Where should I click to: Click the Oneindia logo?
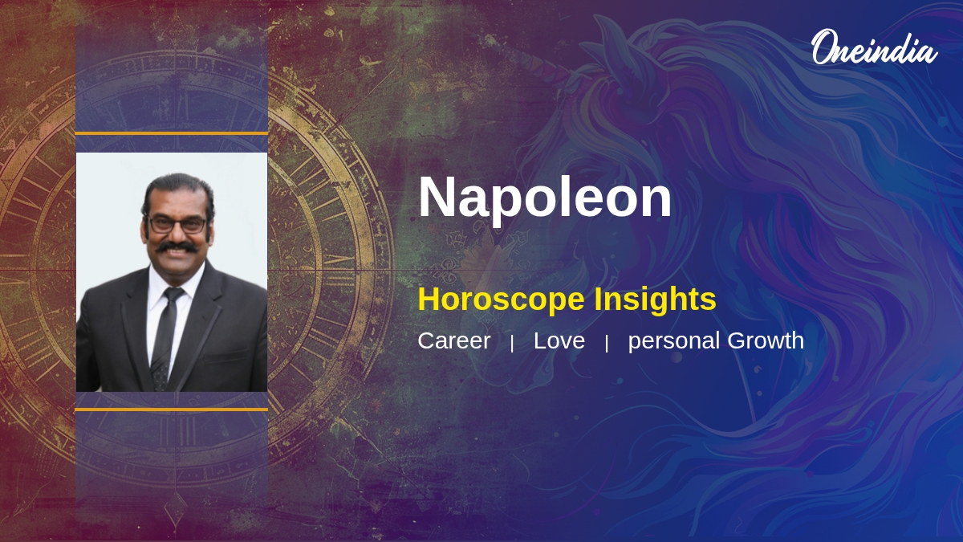pyautogui.click(x=873, y=48)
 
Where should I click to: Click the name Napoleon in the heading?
pyautogui.click(x=544, y=198)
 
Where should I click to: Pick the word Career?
pyautogui.click(x=453, y=340)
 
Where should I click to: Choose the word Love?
pyautogui.click(x=559, y=340)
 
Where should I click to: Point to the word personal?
pyautogui.click(x=674, y=341)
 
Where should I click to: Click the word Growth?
pyautogui.click(x=766, y=340)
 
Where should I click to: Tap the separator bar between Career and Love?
pyautogui.click(x=512, y=343)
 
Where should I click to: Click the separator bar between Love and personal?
pyautogui.click(x=607, y=343)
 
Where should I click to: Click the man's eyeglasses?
pyautogui.click(x=177, y=225)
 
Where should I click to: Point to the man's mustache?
pyautogui.click(x=177, y=247)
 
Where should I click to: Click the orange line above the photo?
pyautogui.click(x=171, y=132)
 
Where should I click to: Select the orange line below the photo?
pyautogui.click(x=171, y=410)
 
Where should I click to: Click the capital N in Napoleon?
pyautogui.click(x=437, y=198)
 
